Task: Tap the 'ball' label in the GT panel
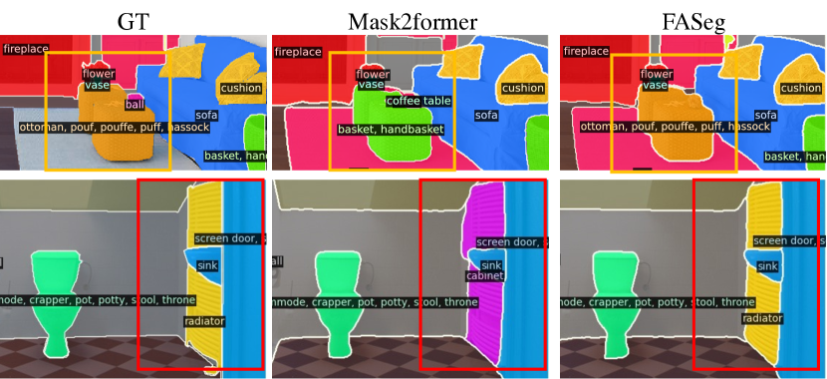point(134,103)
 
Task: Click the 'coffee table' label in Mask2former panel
point(418,101)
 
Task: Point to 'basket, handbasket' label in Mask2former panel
point(389,129)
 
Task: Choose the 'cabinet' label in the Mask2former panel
point(484,276)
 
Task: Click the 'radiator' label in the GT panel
point(204,321)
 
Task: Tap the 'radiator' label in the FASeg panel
point(761,317)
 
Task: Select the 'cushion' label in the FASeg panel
point(800,88)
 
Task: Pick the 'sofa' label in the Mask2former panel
point(485,115)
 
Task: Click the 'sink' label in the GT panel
point(206,264)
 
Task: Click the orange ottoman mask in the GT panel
point(120,145)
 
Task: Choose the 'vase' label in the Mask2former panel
point(371,85)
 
